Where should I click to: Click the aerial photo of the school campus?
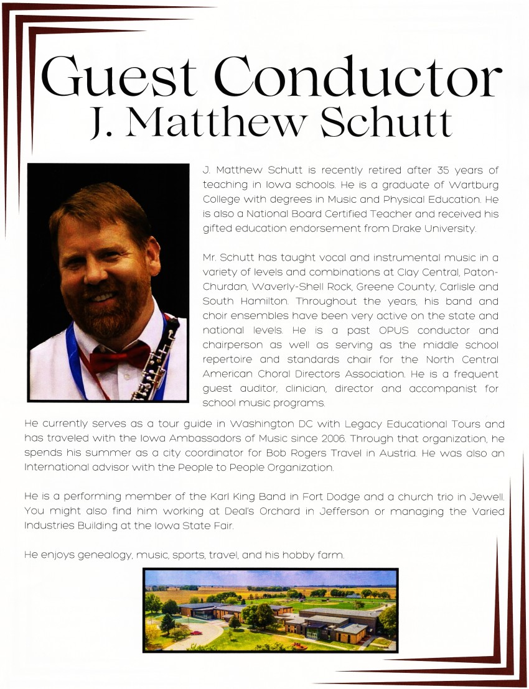click(x=270, y=610)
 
